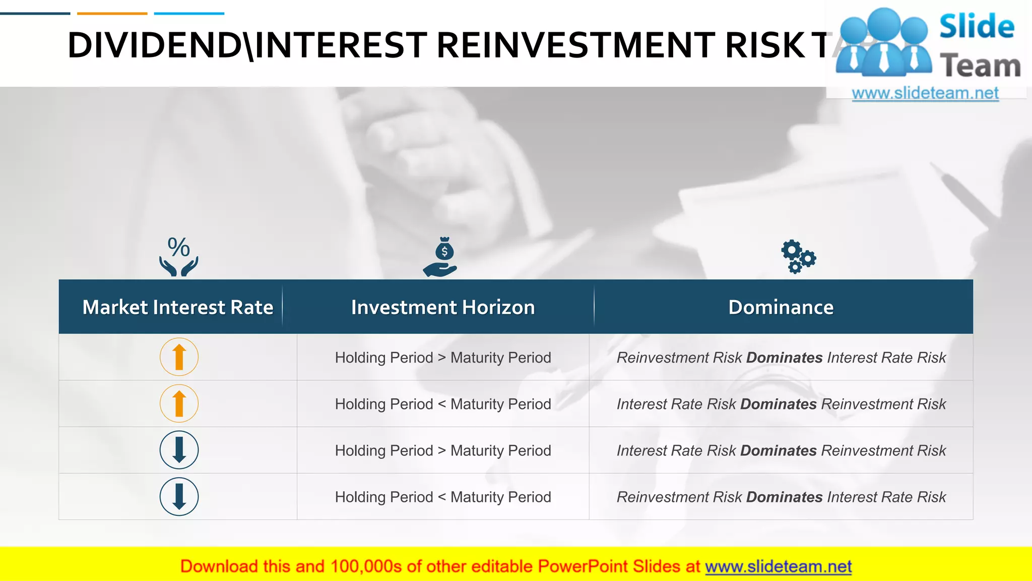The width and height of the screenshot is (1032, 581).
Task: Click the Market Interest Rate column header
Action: [x=177, y=307]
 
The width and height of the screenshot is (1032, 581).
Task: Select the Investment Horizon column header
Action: [x=442, y=307]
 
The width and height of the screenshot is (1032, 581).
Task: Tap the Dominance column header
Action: [x=781, y=307]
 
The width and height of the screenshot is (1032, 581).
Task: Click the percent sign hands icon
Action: [x=179, y=257]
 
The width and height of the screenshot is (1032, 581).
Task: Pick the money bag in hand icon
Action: [x=440, y=257]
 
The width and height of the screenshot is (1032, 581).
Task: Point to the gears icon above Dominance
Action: [x=798, y=257]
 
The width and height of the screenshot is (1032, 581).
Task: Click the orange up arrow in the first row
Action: [x=179, y=357]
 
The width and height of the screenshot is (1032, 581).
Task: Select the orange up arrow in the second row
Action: [x=179, y=403]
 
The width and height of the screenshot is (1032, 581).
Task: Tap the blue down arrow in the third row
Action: [x=179, y=450]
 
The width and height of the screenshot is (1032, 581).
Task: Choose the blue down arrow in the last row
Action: [x=179, y=497]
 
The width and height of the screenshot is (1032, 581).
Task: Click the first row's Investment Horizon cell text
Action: [x=442, y=358]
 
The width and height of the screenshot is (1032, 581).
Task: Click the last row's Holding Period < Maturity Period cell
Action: [x=442, y=497]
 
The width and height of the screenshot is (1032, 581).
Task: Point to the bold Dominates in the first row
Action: [x=784, y=358]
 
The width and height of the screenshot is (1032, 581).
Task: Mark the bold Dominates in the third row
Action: [x=779, y=450]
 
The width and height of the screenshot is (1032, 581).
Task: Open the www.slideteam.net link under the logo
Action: [x=925, y=93]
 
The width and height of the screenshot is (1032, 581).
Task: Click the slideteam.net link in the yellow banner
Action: [x=778, y=566]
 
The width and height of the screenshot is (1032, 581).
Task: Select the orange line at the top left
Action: [x=112, y=14]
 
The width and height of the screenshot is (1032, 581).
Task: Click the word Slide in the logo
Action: [x=977, y=26]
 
